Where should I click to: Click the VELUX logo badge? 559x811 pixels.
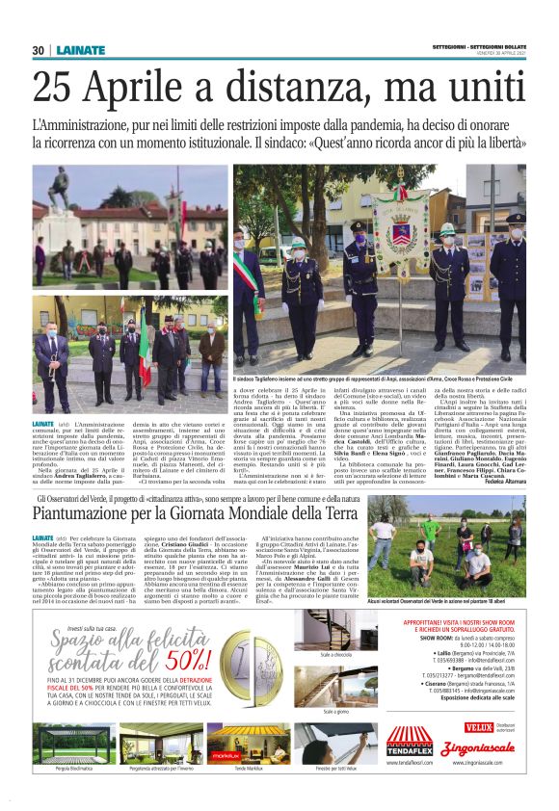[478, 727]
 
